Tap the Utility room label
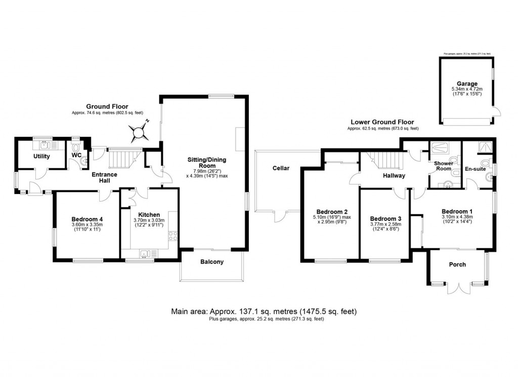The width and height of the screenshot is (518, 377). tap(41, 156)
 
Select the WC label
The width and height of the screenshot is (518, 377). tap(76, 155)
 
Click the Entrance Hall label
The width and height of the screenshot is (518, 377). tap(104, 178)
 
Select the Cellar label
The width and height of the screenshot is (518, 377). tap(281, 168)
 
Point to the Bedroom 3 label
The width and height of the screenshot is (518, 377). tap(385, 214)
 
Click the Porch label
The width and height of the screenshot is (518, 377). tap(457, 265)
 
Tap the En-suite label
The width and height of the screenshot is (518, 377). tap(476, 169)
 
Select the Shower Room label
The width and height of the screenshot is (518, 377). tap(443, 166)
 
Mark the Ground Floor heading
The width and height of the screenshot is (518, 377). tap(107, 106)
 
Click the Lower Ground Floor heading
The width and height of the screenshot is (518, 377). tap(382, 122)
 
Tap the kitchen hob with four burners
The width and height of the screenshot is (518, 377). tap(173, 236)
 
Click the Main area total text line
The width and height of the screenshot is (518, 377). tap(267, 311)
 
